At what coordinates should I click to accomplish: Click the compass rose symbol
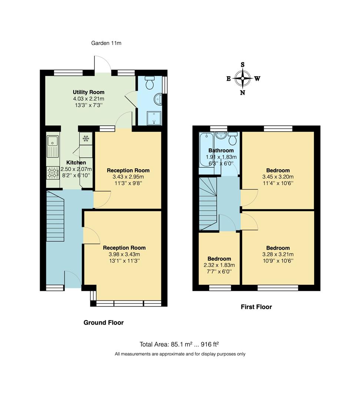243,78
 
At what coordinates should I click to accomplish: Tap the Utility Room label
89,92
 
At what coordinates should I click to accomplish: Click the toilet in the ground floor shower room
150,83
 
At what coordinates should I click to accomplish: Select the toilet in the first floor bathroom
233,139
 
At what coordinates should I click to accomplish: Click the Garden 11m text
106,43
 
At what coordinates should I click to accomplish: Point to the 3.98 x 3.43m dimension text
124,254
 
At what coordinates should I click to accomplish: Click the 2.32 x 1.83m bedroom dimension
219,265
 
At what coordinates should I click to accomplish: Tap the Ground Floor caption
103,323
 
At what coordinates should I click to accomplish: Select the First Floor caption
256,307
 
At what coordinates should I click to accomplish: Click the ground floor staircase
56,215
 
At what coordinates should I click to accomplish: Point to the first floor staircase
208,204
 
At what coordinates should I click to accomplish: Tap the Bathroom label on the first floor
221,150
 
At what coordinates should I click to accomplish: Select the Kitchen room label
76,163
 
